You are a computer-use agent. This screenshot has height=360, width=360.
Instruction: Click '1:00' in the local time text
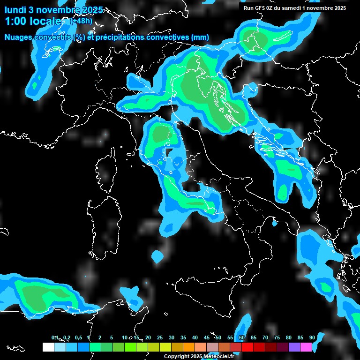click(x=17, y=21)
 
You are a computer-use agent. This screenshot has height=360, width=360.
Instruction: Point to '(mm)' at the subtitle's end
click(x=200, y=37)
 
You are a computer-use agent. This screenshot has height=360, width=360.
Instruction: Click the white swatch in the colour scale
click(x=48, y=347)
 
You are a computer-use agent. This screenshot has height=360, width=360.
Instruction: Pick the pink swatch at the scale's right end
click(x=306, y=347)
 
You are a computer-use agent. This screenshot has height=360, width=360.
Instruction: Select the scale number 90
click(x=312, y=337)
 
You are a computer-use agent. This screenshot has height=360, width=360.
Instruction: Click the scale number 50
click(x=218, y=337)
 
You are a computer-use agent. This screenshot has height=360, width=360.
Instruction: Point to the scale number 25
click(x=160, y=337)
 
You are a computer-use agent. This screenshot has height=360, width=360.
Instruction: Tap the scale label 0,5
click(x=78, y=337)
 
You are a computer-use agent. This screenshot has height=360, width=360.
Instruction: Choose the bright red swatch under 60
click(x=247, y=347)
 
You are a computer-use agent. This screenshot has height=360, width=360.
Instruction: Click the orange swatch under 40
click(x=189, y=347)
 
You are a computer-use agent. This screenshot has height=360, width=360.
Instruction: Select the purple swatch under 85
click(x=294, y=347)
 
